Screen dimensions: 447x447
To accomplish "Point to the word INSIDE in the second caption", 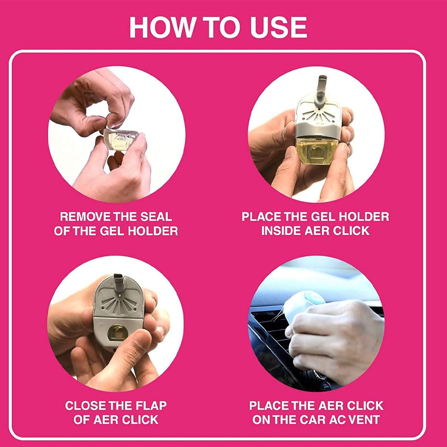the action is [281, 231].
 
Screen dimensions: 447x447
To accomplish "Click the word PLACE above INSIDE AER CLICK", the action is [261, 217].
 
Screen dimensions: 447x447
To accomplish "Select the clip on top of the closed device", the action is [118, 281].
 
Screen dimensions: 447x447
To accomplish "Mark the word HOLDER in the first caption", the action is [153, 231].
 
